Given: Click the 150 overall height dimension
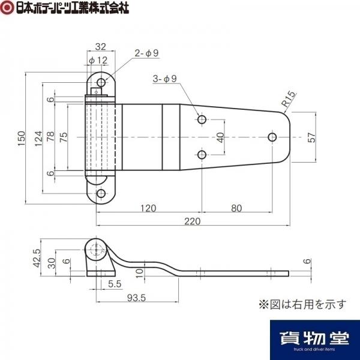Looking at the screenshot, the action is coord(22,138).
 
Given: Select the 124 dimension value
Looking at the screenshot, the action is coord(38,139).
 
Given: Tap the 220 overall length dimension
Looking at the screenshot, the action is coord(193,221).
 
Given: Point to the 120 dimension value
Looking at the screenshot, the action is coord(148,208).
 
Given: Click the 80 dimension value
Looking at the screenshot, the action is coord(236,208).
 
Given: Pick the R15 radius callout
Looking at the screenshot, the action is coord(288,99).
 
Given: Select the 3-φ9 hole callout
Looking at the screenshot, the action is coord(165,79).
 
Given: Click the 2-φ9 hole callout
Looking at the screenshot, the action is coord(146,53).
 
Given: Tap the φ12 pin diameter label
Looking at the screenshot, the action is coord(98,61).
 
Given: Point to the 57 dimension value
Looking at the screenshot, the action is coord(311,137).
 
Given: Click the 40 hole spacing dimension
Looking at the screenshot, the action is coord(220,137).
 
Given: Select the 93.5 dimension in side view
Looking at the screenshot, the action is coord(136,298).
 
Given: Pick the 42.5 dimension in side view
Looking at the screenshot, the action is coord(37,258).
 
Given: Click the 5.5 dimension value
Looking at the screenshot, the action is coord(115,284).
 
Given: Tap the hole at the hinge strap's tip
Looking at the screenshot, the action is coord(272,137).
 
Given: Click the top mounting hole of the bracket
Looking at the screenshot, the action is coord(101,82).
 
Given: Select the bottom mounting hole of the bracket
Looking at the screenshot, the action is coord(101,194).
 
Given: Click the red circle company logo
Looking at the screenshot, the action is coord(7,7).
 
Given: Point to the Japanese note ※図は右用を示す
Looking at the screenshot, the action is coord(302,304).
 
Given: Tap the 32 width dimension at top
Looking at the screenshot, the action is coord(101,47).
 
